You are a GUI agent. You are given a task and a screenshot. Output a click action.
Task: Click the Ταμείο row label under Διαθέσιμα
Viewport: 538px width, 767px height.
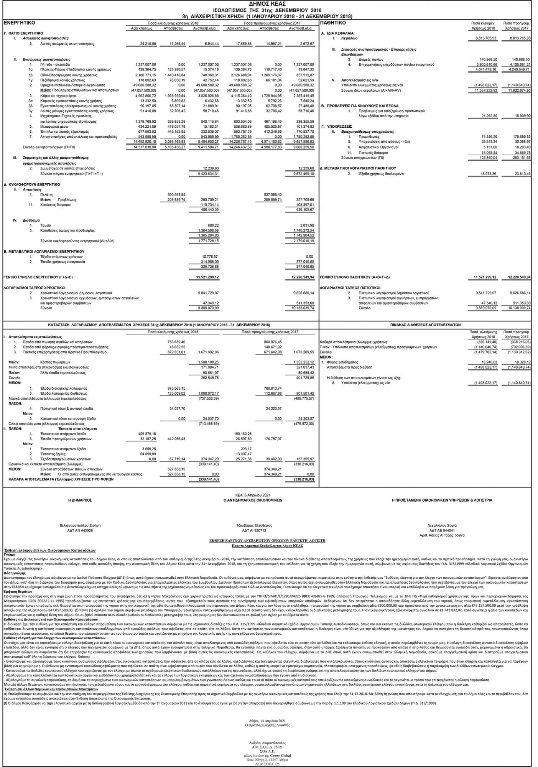(x=45, y=225)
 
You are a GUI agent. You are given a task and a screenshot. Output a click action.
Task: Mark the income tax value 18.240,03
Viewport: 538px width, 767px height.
(x=488, y=362)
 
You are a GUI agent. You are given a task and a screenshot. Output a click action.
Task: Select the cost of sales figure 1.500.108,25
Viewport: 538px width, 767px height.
(x=209, y=362)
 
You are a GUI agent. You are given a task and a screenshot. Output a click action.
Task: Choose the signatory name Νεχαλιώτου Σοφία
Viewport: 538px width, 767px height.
(x=442, y=525)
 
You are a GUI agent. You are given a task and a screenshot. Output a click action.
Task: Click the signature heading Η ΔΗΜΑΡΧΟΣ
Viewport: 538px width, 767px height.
(x=79, y=500)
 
